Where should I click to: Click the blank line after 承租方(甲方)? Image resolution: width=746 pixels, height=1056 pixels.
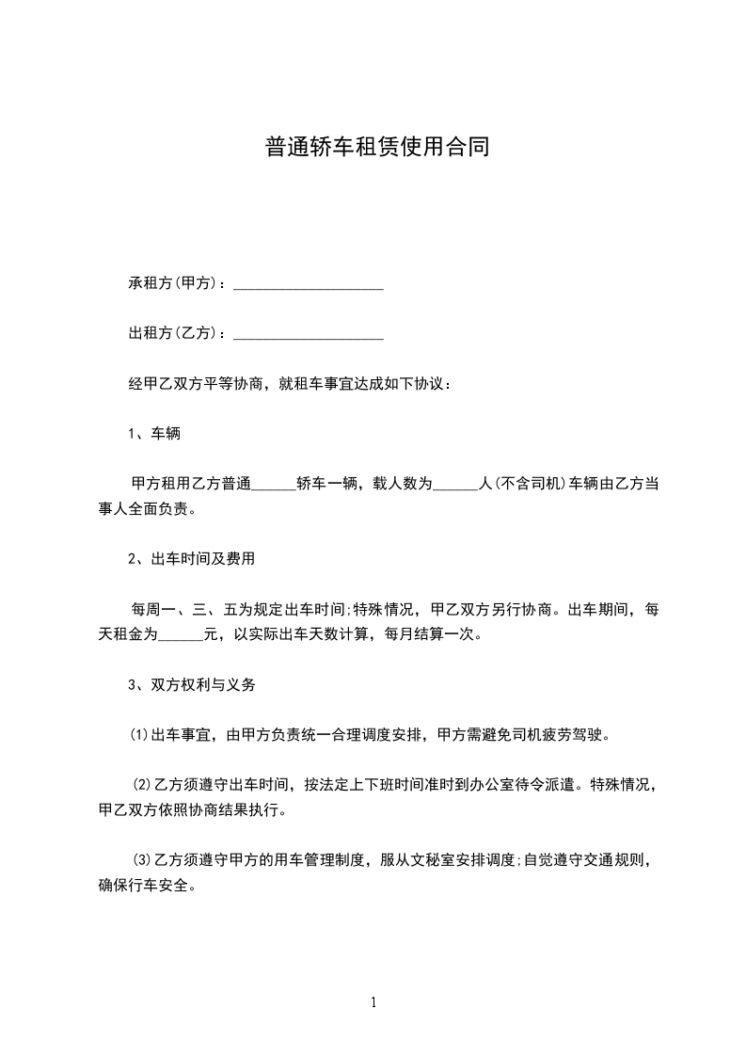coord(308,283)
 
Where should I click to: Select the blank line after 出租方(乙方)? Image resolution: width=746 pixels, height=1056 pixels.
coord(308,333)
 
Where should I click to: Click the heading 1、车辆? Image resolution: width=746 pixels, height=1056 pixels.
coord(154,434)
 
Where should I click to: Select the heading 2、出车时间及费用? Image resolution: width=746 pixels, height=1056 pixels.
coord(192,559)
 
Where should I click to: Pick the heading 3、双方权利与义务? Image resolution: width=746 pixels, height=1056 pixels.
coord(192,685)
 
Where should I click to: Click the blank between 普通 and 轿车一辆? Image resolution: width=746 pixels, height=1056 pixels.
coord(275,485)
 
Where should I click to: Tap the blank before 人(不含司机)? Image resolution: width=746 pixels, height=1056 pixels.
coord(458,485)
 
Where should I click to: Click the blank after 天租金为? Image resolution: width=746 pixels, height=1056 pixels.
coord(182,634)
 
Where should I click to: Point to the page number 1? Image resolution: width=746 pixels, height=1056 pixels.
coord(373,1002)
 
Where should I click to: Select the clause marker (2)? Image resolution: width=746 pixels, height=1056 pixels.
coord(142,785)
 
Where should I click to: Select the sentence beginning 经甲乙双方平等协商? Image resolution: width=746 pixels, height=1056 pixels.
coord(290,384)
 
